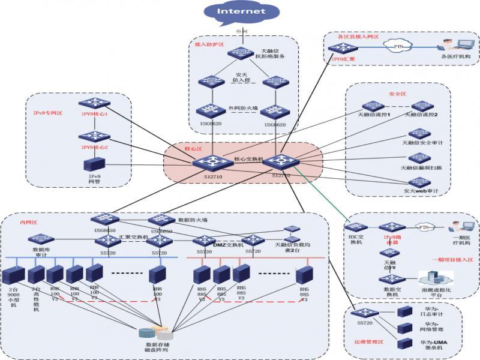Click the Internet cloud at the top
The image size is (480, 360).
click(240, 12)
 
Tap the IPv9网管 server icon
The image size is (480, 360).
click(94, 163)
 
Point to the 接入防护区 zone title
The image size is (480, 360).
click(209, 44)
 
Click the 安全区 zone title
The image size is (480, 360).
click(397, 94)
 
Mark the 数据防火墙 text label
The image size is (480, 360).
click(193, 220)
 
